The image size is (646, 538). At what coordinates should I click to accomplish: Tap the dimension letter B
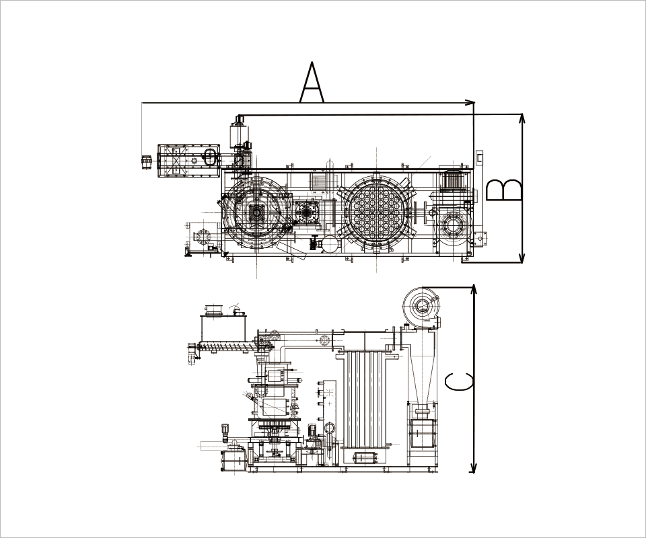click(503, 190)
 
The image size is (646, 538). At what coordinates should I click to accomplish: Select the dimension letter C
click(458, 381)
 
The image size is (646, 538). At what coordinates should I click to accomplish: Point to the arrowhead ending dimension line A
click(470, 102)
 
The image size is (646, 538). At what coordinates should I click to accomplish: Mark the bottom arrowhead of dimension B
click(522, 258)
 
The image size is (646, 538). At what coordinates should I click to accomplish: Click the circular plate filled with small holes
click(377, 212)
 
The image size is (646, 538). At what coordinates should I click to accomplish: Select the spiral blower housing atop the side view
click(421, 307)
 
